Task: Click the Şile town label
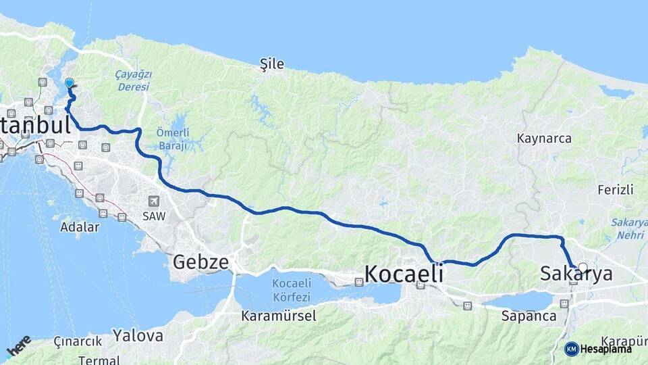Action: point(272,64)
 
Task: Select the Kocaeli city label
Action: point(404,273)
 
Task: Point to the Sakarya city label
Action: point(576,274)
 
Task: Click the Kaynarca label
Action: point(544,139)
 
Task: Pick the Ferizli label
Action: point(615,190)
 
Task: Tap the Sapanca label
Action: point(529,316)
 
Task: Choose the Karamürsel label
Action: point(276,316)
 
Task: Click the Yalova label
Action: point(138,335)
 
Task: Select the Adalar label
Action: point(80,226)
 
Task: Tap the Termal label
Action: point(98,360)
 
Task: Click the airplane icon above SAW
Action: point(155,201)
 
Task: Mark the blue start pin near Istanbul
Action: point(69,84)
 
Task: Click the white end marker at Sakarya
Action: point(583,268)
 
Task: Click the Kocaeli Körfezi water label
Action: point(292,290)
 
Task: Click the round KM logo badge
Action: point(571,349)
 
